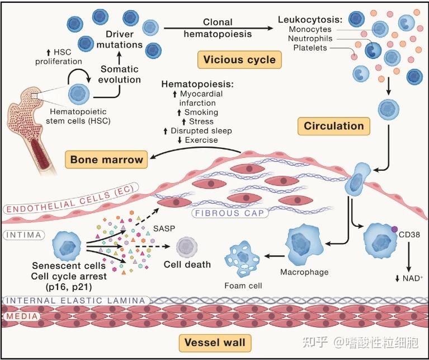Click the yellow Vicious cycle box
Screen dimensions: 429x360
coord(239,59)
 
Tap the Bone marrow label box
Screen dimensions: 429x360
coord(106,160)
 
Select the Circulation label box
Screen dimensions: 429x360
coord(334,126)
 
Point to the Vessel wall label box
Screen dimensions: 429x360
coord(215,343)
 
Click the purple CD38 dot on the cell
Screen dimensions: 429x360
coord(394,230)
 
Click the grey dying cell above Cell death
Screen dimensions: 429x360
coord(187,247)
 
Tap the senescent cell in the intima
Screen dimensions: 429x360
coord(67,246)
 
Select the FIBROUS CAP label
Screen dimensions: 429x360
coord(230,213)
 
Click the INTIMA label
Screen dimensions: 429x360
coord(24,235)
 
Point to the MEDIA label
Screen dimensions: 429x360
coord(22,316)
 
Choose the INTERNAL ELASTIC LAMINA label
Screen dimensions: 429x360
coord(76,301)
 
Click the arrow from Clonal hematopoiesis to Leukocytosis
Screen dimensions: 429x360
coord(218,28)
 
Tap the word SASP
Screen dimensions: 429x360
coord(164,228)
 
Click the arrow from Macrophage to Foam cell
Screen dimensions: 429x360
coord(275,256)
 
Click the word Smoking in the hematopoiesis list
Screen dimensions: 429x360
coord(201,112)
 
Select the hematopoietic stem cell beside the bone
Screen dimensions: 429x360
coord(79,94)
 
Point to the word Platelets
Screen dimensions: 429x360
coord(310,48)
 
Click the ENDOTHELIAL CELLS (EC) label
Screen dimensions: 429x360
coord(70,198)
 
